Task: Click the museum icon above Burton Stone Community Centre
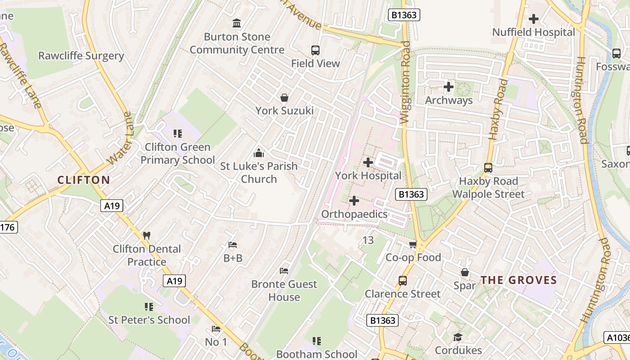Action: point(237,23)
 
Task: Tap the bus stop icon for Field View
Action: point(315,50)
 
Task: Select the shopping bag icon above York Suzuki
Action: point(284,97)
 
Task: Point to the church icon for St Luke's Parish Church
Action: point(259,153)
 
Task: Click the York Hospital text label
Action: point(368,175)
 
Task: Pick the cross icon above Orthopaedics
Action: point(354,200)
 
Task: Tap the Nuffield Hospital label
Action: point(534,32)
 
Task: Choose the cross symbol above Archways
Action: point(448,86)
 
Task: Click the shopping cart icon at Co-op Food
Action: point(413,244)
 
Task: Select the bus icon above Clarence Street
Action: point(403,281)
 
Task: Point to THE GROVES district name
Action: point(519,280)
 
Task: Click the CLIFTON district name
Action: point(84,180)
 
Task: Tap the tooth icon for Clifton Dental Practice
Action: point(146,235)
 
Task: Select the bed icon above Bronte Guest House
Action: point(284,271)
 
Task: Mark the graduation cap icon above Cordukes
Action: point(458,337)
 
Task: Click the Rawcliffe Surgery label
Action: point(81,56)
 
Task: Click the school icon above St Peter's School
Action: point(149,307)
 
